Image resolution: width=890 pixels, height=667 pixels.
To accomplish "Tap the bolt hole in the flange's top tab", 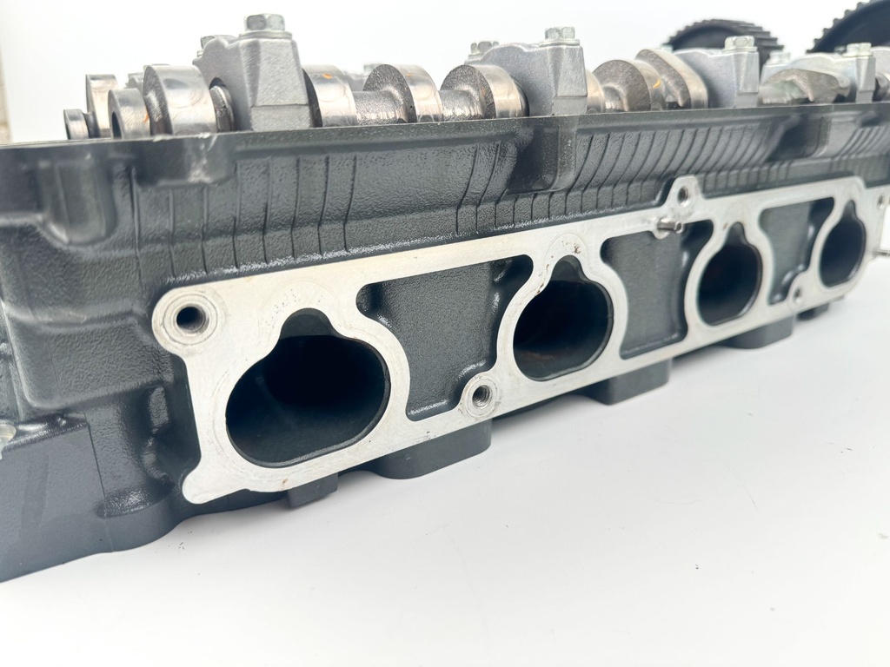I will [x=684, y=195].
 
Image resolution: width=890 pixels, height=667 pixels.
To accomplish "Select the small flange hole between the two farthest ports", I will [x=796, y=295].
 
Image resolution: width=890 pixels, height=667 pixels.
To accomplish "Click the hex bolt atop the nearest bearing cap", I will [x=265, y=23].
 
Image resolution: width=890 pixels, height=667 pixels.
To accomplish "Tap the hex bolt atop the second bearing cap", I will [x=561, y=36].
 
